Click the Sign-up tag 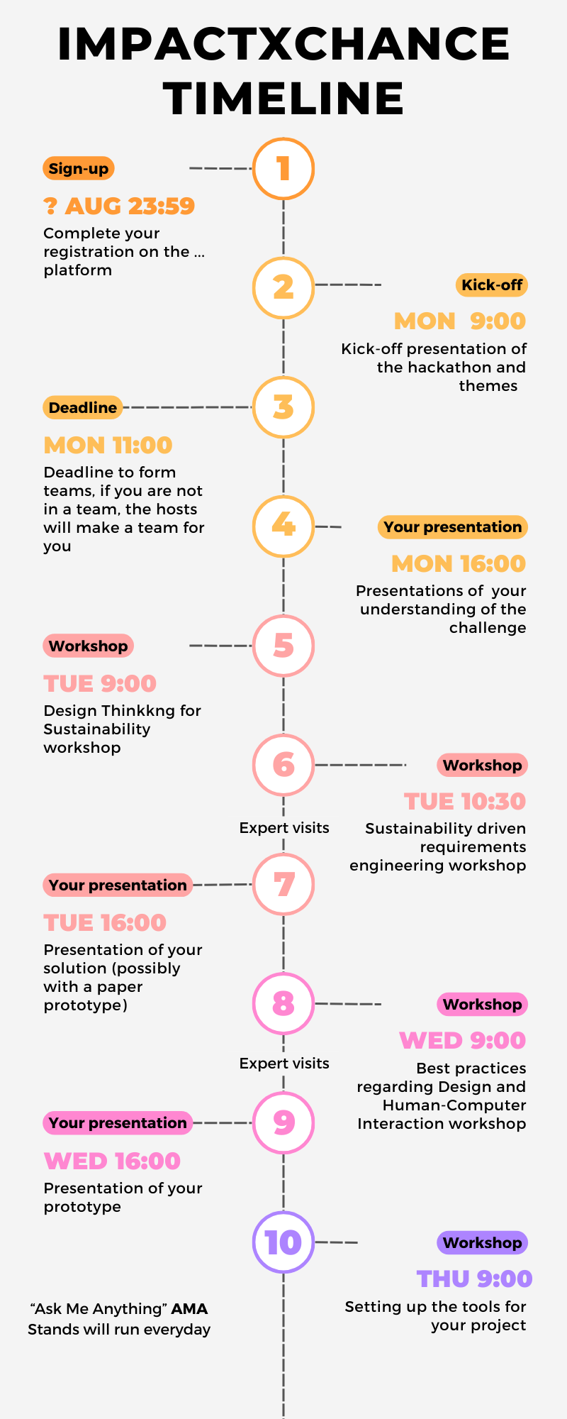tap(79, 168)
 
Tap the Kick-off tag tap(492, 285)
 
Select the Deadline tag tap(82, 407)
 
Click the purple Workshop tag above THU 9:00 tap(482, 1242)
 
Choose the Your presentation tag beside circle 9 tap(118, 1122)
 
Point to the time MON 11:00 tap(108, 445)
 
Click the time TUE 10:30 tap(465, 801)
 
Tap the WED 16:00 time tap(112, 1161)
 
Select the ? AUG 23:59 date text tap(119, 206)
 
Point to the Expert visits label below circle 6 tap(284, 828)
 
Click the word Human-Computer tap(454, 1105)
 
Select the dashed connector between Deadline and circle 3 tap(187, 407)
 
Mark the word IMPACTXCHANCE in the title tap(283, 44)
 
